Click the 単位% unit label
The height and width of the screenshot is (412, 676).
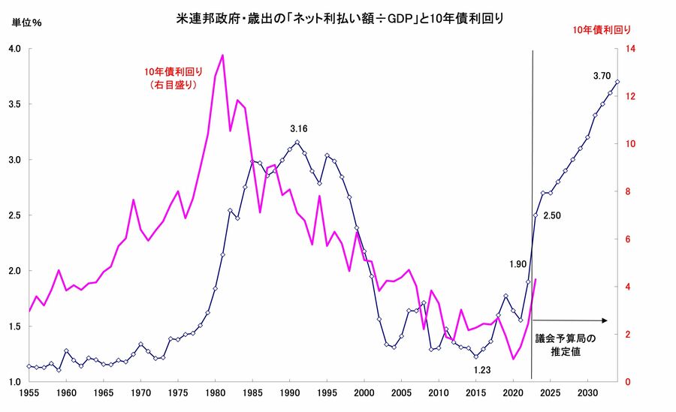point(27,22)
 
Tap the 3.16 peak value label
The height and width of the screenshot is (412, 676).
point(300,129)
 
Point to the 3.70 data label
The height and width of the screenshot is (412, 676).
point(602,76)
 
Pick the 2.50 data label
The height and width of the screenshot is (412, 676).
point(553,216)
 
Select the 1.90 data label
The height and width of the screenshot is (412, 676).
point(517,264)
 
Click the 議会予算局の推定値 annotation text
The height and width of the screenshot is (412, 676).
point(566,344)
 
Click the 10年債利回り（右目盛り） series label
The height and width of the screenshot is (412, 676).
point(169,78)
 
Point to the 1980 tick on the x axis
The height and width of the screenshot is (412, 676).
point(216,392)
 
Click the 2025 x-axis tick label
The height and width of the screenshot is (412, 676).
point(551,392)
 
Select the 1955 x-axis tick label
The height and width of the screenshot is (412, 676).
point(29,392)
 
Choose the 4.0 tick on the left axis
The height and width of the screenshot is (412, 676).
point(15,49)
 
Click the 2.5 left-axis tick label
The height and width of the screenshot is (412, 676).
point(15,215)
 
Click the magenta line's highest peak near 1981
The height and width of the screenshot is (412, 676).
point(222,55)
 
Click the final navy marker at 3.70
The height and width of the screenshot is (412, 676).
point(617,82)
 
